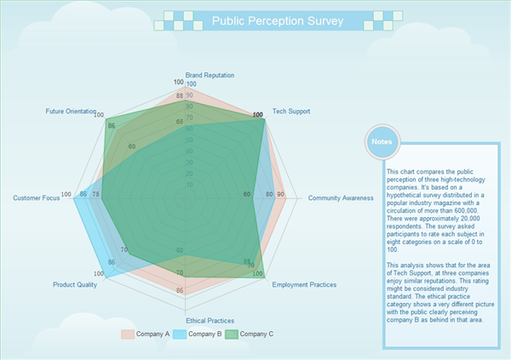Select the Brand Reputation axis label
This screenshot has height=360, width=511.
tap(210, 76)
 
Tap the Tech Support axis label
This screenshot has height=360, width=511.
tap(291, 111)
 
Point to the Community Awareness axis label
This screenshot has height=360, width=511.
tap(341, 198)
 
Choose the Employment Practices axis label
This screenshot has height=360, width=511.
tap(304, 284)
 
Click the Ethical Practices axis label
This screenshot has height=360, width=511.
tap(210, 320)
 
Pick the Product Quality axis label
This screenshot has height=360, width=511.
tap(75, 284)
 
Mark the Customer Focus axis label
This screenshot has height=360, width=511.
tap(36, 198)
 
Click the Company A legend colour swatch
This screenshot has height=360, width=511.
tap(128, 334)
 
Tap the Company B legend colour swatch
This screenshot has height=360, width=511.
tap(180, 334)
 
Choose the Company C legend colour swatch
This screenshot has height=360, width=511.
tap(231, 334)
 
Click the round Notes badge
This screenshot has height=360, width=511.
tap(382, 141)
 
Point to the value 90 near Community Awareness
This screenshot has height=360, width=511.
tap(281, 195)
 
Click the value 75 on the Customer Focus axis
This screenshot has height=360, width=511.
tap(95, 195)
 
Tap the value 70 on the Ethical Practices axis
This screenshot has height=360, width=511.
tap(180, 272)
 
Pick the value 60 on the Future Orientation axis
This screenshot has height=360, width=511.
tap(131, 146)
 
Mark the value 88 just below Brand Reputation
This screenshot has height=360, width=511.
tap(179, 96)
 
